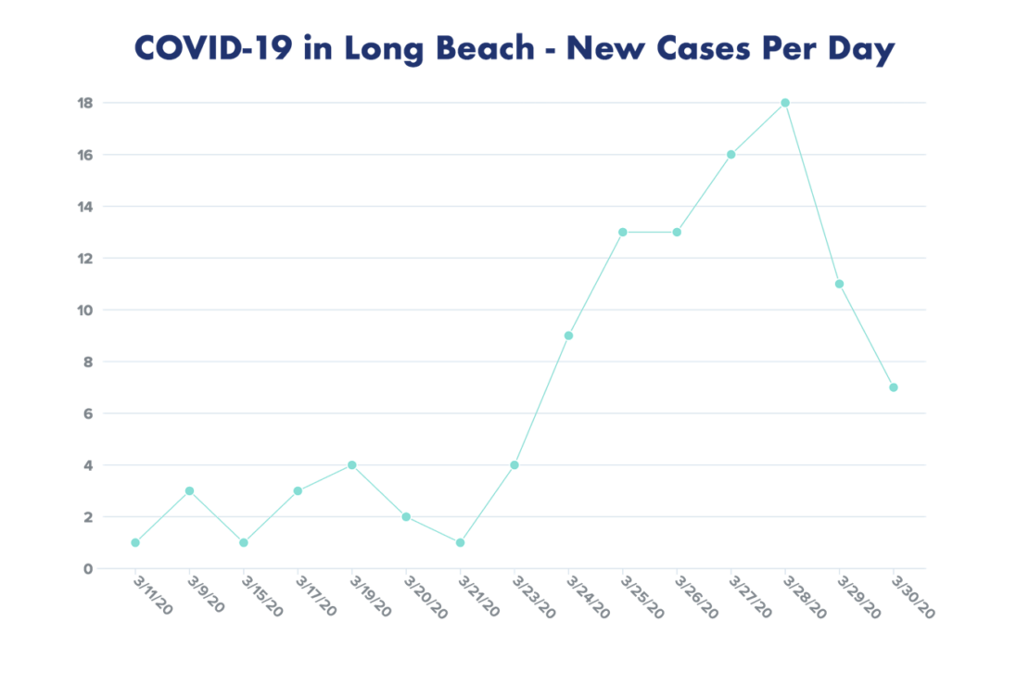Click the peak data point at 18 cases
point(785,102)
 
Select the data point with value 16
point(731,154)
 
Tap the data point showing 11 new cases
point(839,284)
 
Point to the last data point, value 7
point(894,387)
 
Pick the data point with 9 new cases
point(568,336)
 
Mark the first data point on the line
point(135,542)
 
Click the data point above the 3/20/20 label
point(406,516)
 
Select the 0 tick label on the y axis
point(89,568)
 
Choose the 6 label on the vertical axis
point(89,413)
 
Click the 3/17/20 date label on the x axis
point(316,599)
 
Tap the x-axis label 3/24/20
point(588,599)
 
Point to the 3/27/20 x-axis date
point(750,599)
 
